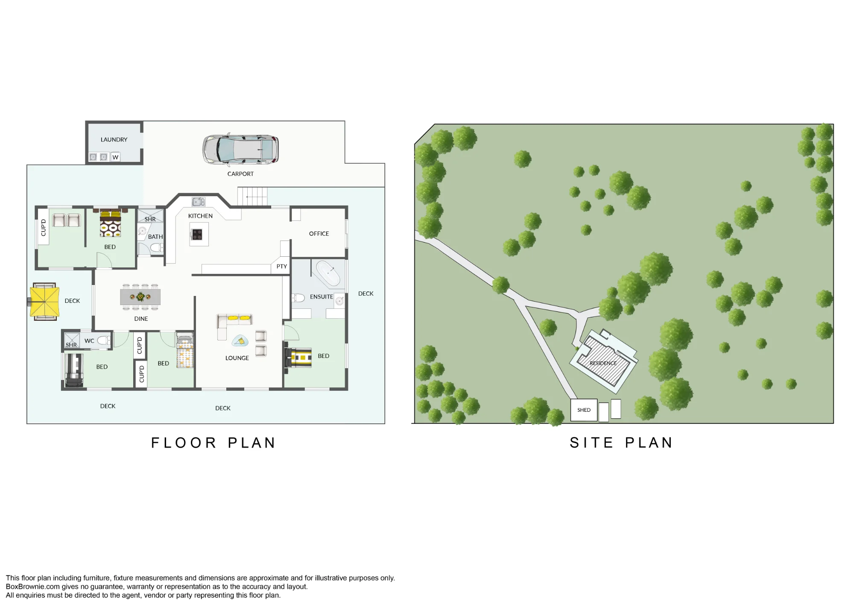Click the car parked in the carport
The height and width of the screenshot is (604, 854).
point(240,150)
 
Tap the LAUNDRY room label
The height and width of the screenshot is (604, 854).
point(114,140)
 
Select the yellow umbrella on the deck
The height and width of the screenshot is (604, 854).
point(44,302)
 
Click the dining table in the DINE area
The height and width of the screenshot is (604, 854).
point(140,297)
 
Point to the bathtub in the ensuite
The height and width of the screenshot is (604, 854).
point(328,273)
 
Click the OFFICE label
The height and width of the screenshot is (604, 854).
point(319,234)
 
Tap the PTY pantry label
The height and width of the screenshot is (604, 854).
point(282,267)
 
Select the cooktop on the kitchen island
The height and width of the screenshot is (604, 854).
point(197,235)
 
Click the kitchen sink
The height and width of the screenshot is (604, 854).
point(199,202)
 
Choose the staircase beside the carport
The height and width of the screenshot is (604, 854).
point(253,196)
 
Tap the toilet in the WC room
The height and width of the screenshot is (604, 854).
point(104,340)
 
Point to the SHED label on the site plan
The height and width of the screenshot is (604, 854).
point(584,410)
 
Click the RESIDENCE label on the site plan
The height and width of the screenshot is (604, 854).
point(603,364)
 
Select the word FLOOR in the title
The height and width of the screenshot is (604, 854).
point(184,443)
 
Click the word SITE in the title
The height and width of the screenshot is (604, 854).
point(591,443)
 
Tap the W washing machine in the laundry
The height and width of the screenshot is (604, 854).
point(115,157)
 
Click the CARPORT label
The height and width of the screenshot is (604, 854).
point(240,174)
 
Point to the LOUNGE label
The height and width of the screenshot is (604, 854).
point(237,358)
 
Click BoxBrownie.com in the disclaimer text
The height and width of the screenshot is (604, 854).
point(33,587)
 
